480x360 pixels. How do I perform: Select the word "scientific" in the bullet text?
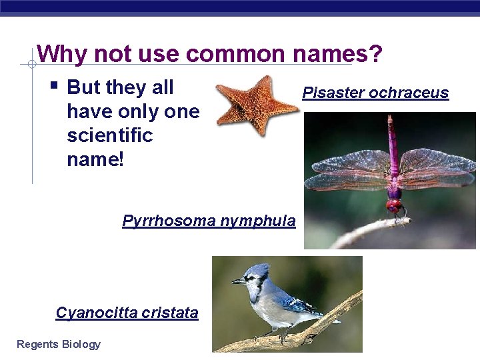(110, 135)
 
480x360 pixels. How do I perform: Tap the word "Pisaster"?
(333, 93)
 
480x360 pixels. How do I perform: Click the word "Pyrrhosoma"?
(163, 221)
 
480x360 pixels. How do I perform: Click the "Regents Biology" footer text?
(59, 344)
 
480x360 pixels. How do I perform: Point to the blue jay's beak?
(237, 281)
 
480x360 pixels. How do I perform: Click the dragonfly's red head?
(395, 205)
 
